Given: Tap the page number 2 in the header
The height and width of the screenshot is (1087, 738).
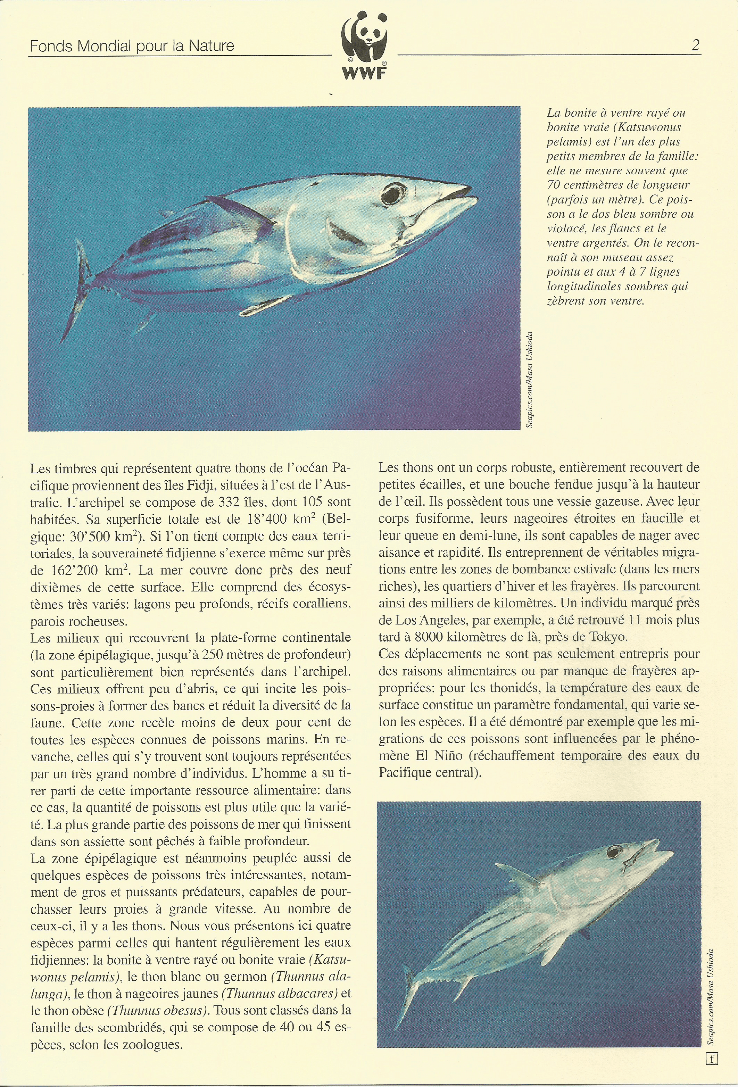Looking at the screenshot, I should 695,45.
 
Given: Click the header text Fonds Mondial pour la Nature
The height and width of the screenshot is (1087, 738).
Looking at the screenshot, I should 132,46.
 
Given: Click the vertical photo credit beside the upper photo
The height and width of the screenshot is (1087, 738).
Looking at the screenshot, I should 529,379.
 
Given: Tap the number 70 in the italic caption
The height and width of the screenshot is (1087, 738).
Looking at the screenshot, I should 554,185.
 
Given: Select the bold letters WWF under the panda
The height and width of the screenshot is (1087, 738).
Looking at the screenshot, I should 364,73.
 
